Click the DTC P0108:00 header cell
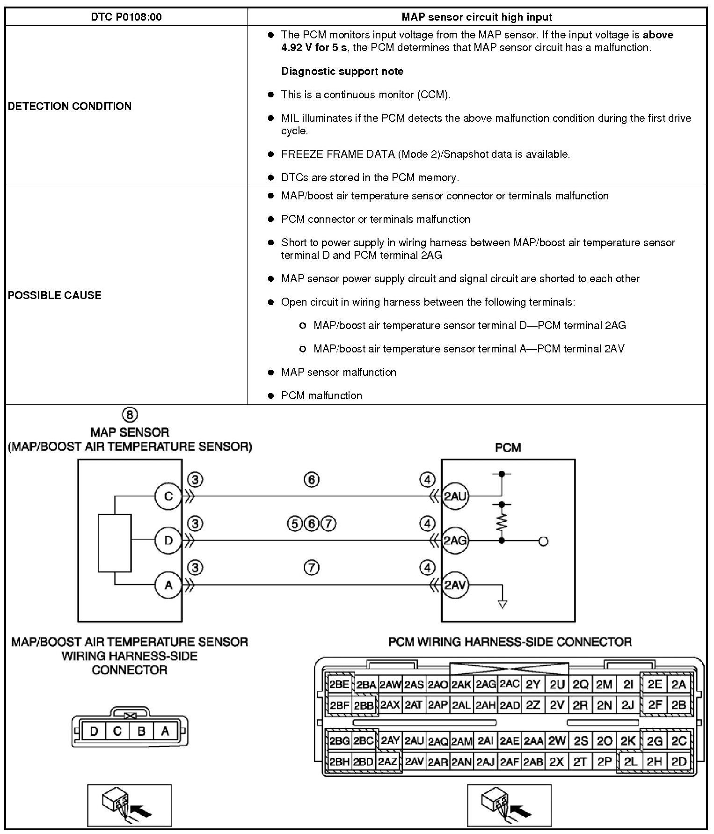click(x=126, y=17)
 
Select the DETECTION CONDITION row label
click(x=70, y=106)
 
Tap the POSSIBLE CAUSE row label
click(x=55, y=295)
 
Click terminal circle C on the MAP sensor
click(x=168, y=496)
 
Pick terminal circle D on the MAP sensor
click(x=168, y=541)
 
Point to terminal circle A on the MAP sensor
click(x=168, y=585)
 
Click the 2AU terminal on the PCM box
click(x=455, y=496)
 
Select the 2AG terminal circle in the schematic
click(x=455, y=541)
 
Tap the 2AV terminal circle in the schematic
click(x=455, y=585)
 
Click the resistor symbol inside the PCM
click(x=502, y=522)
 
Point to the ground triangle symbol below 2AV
click(x=503, y=604)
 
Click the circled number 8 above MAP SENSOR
click(x=130, y=415)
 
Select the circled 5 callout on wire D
click(x=295, y=523)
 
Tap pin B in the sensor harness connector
click(x=141, y=731)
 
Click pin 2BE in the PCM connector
click(x=339, y=685)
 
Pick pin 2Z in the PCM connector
click(x=533, y=705)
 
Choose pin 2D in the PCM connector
click(x=678, y=761)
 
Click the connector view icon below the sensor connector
click(x=130, y=805)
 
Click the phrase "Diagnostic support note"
click(x=342, y=71)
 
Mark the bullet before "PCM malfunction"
click(x=270, y=396)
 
